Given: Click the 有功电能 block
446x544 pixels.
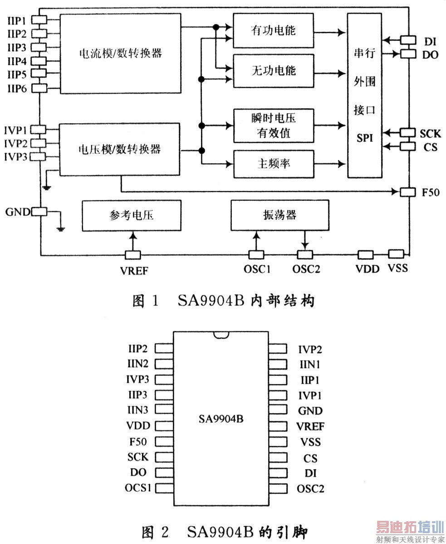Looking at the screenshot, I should click(x=273, y=31).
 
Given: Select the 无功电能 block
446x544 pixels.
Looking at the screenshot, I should click(x=273, y=71).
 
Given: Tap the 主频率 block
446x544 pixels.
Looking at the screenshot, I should click(x=273, y=163).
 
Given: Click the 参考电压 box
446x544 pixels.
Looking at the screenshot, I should click(x=132, y=215).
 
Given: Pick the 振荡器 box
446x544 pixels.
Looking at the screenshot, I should click(x=279, y=215).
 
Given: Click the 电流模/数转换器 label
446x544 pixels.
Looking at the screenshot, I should click(x=120, y=53).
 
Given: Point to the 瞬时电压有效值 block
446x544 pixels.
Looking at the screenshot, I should click(x=273, y=125).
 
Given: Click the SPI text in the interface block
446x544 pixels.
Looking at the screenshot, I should click(x=364, y=138).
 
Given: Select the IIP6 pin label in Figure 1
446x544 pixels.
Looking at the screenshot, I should click(x=17, y=88).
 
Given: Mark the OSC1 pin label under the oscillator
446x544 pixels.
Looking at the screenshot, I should click(x=257, y=269).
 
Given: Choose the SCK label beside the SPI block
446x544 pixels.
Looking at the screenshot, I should click(x=430, y=133).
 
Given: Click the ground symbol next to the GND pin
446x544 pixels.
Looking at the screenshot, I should click(x=61, y=228).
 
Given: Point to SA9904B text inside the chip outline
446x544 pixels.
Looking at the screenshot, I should click(x=221, y=419).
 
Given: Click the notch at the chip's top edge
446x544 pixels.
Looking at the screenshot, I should click(x=221, y=335).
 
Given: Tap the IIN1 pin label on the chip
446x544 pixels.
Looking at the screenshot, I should click(x=311, y=364).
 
